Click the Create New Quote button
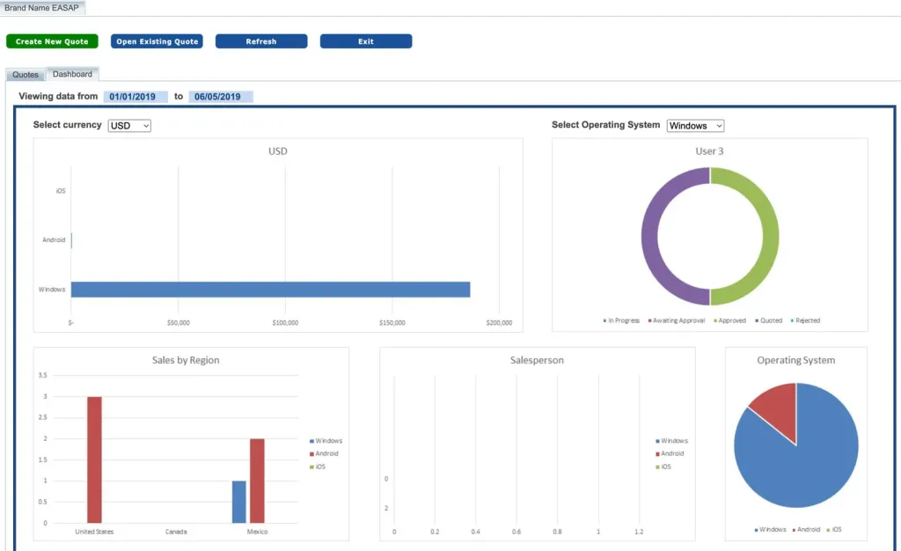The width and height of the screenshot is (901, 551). coord(52,41)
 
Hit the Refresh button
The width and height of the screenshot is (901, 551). coord(261,41)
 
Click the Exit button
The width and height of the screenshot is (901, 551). coord(366,41)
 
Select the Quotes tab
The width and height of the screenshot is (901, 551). coord(26,75)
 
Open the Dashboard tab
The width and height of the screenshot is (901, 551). coord(72,74)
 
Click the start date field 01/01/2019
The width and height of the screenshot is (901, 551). coord(136,97)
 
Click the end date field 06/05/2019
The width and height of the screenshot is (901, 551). coord(221,97)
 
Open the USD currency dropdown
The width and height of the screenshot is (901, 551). coord(129,126)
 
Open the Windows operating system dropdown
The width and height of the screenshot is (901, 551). coord(695,126)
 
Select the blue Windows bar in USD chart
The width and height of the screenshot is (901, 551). coord(270,290)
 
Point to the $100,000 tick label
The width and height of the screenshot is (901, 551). coord(285,323)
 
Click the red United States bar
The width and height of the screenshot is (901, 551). coord(94,459)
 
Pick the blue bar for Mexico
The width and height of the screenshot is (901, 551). coord(239,502)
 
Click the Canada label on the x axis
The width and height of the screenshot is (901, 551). coord(176,532)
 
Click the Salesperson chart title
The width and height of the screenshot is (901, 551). coord(537,360)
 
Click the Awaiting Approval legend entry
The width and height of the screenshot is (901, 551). coord(677,320)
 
